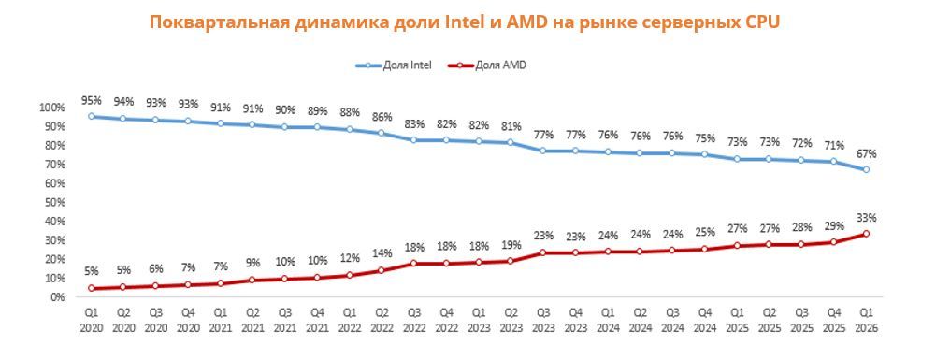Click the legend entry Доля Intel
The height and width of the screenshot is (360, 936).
tap(394, 65)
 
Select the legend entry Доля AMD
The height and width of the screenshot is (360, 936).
tap(487, 65)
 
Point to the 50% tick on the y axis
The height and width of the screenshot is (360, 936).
tap(53, 202)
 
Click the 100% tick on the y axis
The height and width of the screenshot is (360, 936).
tap(50, 108)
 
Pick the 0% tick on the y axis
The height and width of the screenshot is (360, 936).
tap(55, 296)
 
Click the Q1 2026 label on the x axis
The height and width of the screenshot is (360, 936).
tap(866, 321)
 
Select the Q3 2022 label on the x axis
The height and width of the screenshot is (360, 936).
tap(414, 321)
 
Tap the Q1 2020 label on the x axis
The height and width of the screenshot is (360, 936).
tap(92, 321)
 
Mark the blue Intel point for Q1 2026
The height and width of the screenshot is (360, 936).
tap(866, 169)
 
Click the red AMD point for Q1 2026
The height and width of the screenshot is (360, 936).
tap(866, 234)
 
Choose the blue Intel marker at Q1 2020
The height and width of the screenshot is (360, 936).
tap(92, 117)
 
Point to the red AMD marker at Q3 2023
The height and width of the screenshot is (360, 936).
tap(543, 252)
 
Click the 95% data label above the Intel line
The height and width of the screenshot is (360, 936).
tap(92, 100)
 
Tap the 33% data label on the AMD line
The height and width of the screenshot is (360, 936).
tap(866, 218)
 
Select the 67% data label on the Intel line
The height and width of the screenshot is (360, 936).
tap(866, 154)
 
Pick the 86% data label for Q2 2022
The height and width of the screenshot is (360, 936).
tap(382, 117)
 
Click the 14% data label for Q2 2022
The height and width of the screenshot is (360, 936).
tap(382, 253)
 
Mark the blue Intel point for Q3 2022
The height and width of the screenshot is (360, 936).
tap(414, 140)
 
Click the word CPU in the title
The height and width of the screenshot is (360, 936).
tap(762, 22)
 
